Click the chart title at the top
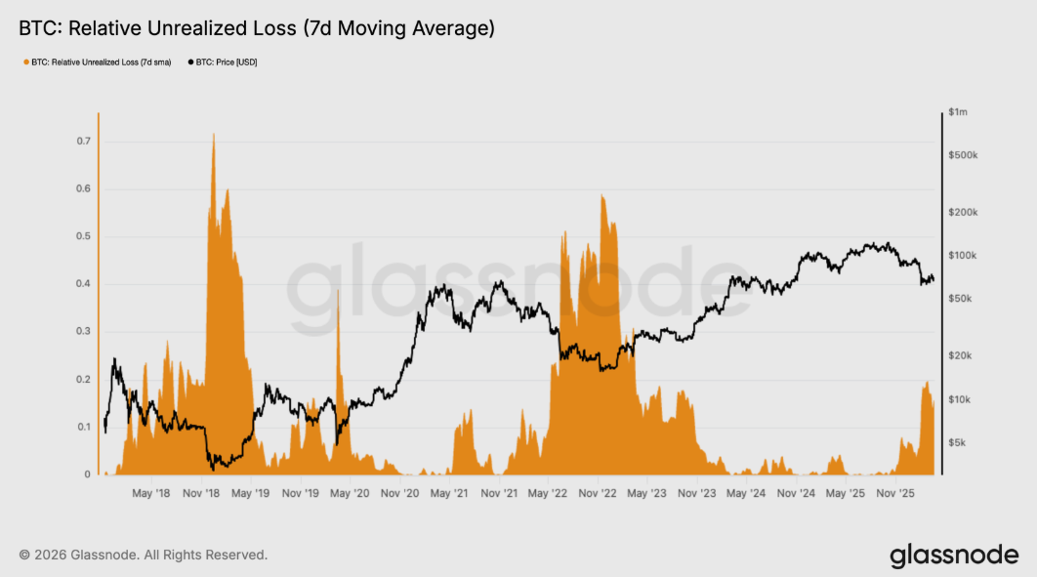click(x=256, y=29)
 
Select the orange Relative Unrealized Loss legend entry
click(x=97, y=62)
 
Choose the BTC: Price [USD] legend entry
click(x=223, y=62)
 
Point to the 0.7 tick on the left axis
click(x=84, y=142)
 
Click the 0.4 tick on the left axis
click(x=84, y=284)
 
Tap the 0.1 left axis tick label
click(x=84, y=428)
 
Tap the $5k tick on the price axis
click(x=958, y=442)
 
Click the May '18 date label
click(x=150, y=494)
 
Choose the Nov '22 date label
click(x=601, y=494)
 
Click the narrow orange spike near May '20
click(x=338, y=292)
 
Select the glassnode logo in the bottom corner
click(x=954, y=556)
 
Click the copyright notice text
click(x=143, y=555)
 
